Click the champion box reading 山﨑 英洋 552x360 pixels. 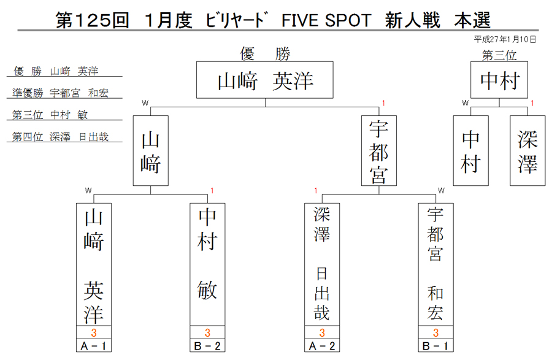(265, 80)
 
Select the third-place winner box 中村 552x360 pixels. (499, 80)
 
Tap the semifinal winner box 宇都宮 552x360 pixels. (379, 151)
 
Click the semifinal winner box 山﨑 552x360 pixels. (151, 151)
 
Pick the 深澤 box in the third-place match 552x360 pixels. (527, 151)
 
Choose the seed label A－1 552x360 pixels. (94, 346)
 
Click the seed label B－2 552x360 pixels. (207, 346)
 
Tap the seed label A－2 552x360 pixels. (322, 346)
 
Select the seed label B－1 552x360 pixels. (435, 346)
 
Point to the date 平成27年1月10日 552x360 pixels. (505, 39)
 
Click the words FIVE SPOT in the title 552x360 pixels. (326, 20)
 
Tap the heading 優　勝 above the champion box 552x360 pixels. (265, 54)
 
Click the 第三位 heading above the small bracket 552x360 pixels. (499, 55)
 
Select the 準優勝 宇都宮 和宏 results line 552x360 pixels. (61, 93)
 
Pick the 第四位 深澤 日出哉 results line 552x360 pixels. (61, 137)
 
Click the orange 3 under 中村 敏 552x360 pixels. (207, 332)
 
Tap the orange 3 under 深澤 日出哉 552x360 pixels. (322, 332)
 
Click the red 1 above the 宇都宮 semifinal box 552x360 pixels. (383, 103)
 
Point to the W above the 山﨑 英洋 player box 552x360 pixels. (88, 191)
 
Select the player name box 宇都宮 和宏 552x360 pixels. (435, 264)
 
